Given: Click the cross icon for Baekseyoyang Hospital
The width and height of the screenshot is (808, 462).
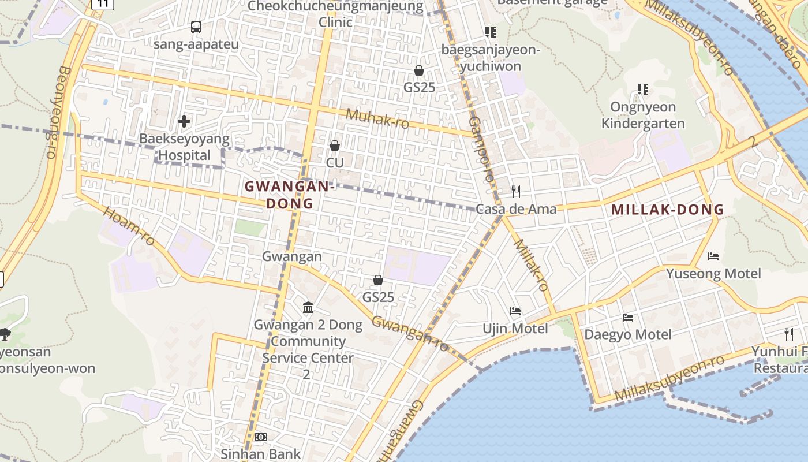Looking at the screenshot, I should [x=184, y=121].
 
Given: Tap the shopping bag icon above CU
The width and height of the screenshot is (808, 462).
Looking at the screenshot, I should [x=335, y=146].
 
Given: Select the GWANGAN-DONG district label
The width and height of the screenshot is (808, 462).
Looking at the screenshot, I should [x=289, y=195].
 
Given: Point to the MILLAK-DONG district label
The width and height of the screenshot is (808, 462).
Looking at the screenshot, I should [x=668, y=210].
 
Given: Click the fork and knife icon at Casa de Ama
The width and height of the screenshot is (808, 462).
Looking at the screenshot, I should [x=516, y=191].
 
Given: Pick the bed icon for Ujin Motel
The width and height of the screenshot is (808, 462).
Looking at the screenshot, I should [x=515, y=311].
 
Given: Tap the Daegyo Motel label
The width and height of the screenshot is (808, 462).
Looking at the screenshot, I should [x=628, y=334].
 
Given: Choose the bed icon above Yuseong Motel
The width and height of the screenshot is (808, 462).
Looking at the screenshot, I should [x=713, y=256].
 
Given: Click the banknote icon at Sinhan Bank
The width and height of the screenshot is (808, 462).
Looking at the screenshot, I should [x=261, y=437].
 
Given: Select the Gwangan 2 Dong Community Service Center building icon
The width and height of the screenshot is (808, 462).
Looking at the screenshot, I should [x=308, y=307].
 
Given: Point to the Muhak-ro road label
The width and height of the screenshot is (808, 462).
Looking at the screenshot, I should [x=377, y=118].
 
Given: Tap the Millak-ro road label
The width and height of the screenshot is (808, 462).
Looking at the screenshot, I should [x=530, y=264].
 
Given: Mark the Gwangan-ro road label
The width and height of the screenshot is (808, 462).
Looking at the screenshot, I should [x=410, y=334].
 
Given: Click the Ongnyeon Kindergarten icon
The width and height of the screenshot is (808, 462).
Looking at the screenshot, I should [x=643, y=90].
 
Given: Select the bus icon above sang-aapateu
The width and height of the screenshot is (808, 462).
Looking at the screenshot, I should [x=196, y=27].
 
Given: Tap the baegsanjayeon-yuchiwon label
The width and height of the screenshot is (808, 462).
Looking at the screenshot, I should [x=491, y=58].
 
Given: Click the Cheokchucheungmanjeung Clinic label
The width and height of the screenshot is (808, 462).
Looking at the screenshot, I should [x=335, y=14].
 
